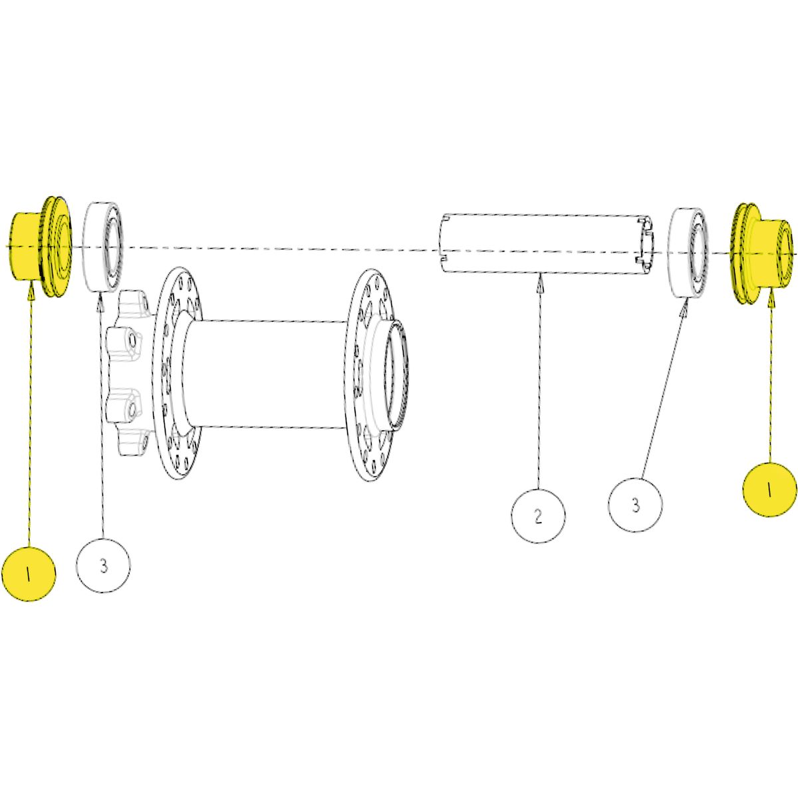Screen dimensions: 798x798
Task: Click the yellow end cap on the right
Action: coord(762,253)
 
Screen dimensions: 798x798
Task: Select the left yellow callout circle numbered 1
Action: coord(29,573)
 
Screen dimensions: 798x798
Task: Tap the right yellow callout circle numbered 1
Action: coord(769,489)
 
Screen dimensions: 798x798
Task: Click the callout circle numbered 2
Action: coord(538,515)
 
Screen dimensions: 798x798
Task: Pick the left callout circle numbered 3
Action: coord(104,565)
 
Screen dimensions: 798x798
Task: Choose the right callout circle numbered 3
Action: coord(635,505)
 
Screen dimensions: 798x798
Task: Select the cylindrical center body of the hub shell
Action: coord(269,374)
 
